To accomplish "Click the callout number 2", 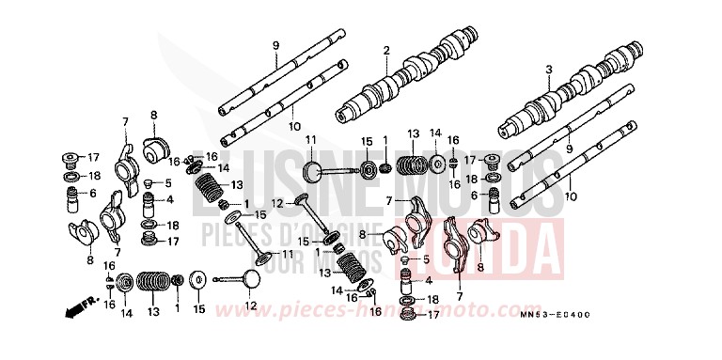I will click(x=385, y=50).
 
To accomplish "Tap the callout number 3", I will click(x=548, y=70).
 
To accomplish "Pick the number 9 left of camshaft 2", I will click(x=276, y=46).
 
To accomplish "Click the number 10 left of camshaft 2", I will click(x=293, y=125).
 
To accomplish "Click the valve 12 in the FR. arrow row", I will click(x=235, y=281).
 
